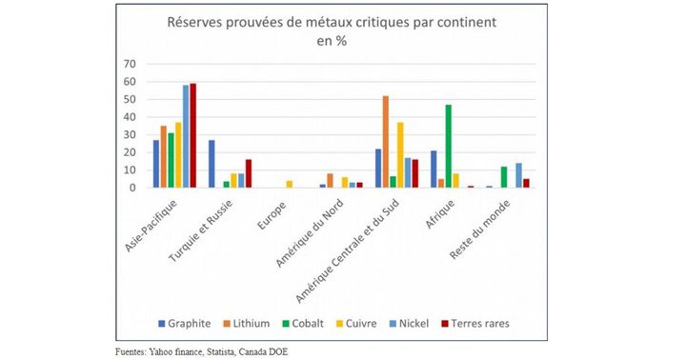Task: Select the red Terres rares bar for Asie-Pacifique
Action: tap(193, 135)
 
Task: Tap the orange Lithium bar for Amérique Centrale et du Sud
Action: tap(385, 142)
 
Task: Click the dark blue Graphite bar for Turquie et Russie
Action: tap(212, 164)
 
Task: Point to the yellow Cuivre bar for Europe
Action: tap(289, 184)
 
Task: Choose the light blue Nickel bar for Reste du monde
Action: tap(518, 175)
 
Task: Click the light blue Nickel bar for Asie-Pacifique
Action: tap(186, 136)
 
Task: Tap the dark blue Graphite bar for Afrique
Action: tap(433, 169)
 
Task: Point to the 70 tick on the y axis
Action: tap(130, 64)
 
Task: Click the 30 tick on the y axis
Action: tap(130, 134)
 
